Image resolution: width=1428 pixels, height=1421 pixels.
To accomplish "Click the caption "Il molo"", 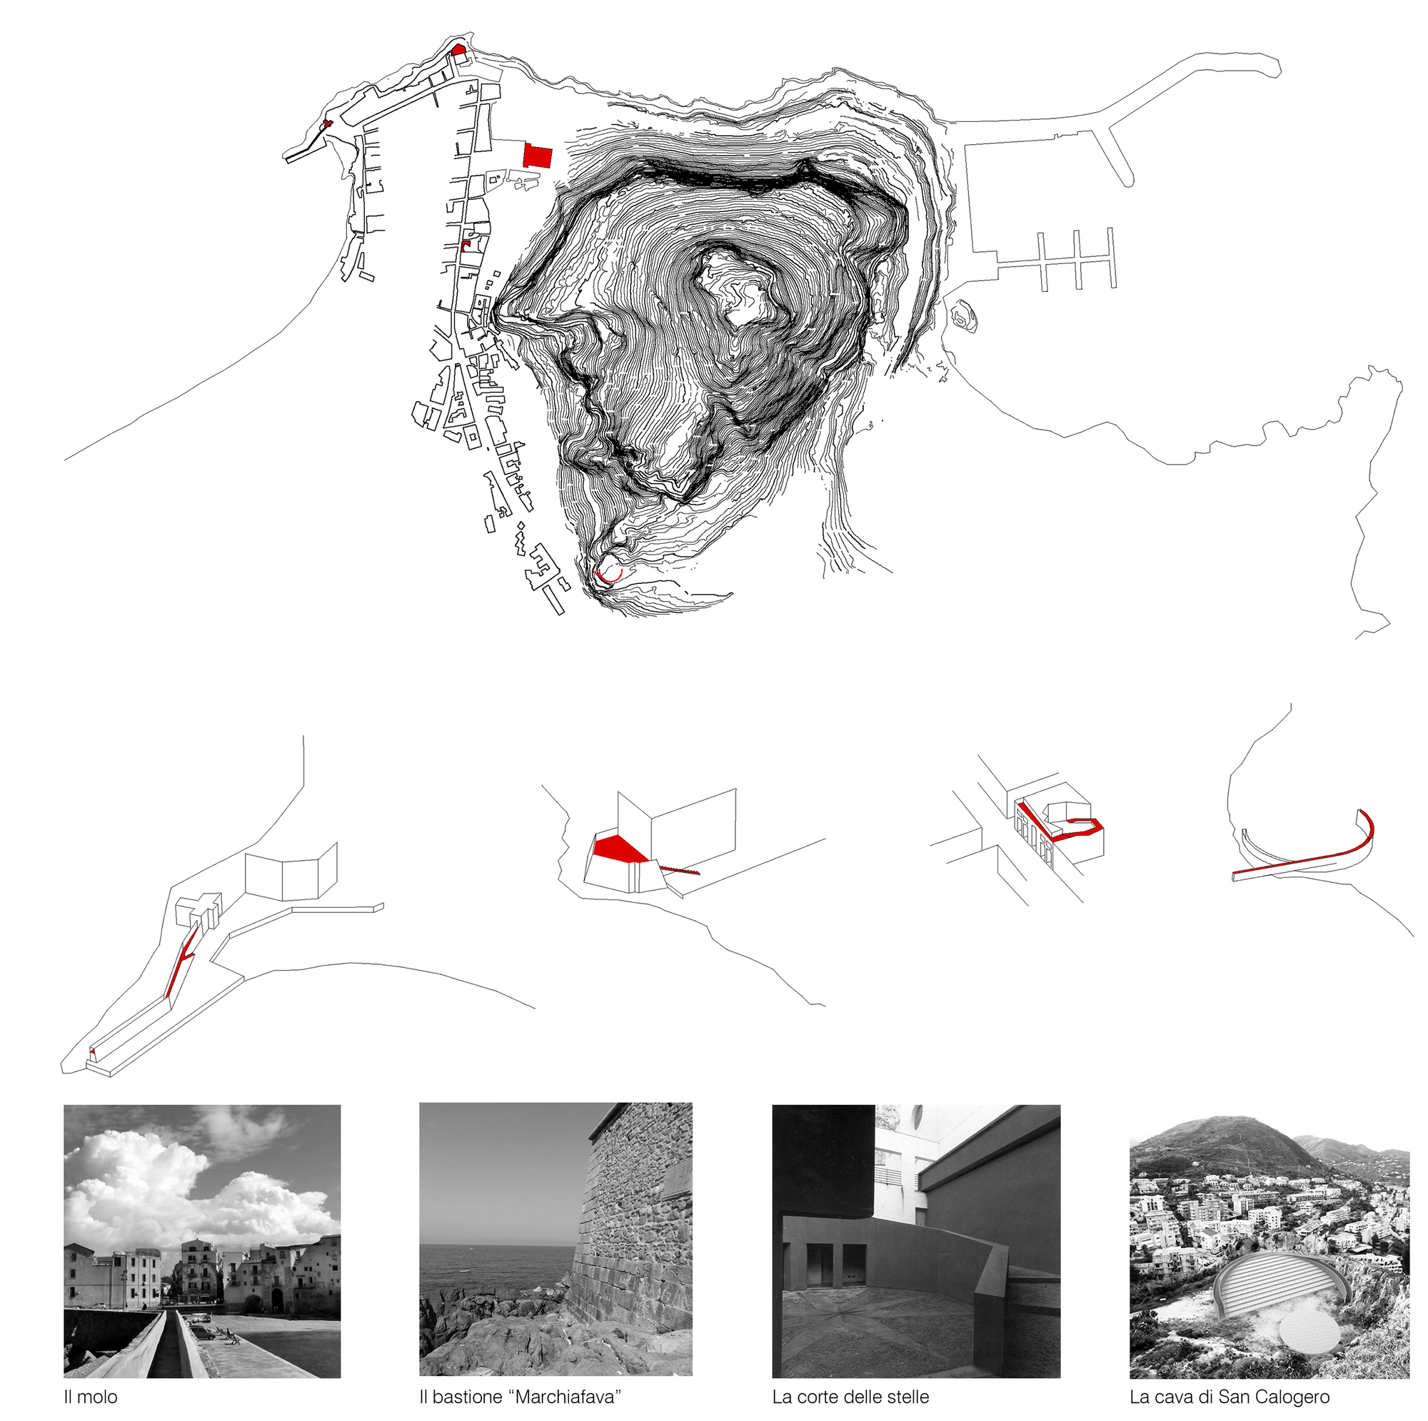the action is tap(90, 1397).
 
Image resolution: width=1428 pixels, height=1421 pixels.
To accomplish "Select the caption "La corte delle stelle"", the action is tap(850, 1397).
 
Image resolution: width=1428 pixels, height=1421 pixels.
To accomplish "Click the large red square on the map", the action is tap(538, 156).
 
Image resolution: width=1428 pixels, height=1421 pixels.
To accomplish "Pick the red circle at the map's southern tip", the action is tap(609, 572).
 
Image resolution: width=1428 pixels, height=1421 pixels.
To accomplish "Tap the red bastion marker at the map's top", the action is tap(458, 49).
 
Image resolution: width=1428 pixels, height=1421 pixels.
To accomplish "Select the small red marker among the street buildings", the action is tap(466, 246).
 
